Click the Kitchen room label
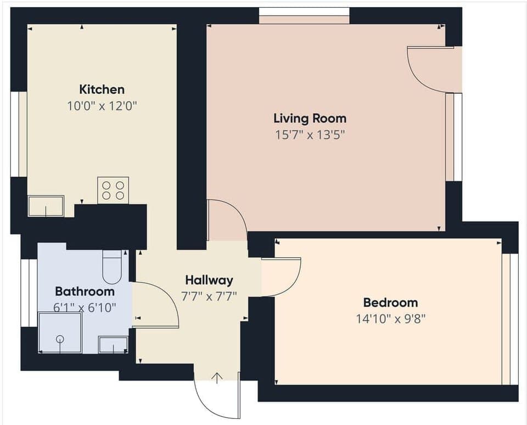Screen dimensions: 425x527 point(102,89)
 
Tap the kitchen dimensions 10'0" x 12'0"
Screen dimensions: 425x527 point(102,106)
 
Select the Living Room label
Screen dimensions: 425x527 point(310,118)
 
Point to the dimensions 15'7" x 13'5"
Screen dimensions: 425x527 point(310,135)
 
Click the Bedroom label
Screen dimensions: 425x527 point(390,302)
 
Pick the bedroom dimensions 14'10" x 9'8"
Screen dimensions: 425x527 point(390,319)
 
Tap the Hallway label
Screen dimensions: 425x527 point(209,279)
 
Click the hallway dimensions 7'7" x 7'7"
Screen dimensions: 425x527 point(209,297)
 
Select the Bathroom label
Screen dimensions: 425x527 point(85,291)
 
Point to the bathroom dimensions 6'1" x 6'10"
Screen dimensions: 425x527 point(85,308)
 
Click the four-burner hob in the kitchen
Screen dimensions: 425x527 point(113,190)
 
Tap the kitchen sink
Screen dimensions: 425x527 point(46,206)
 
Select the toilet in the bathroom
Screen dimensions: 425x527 point(113,267)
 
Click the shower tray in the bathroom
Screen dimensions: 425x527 point(60,333)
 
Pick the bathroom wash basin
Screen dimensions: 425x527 point(113,345)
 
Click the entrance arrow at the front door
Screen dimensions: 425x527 point(217,377)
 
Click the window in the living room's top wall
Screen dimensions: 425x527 point(304,15)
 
